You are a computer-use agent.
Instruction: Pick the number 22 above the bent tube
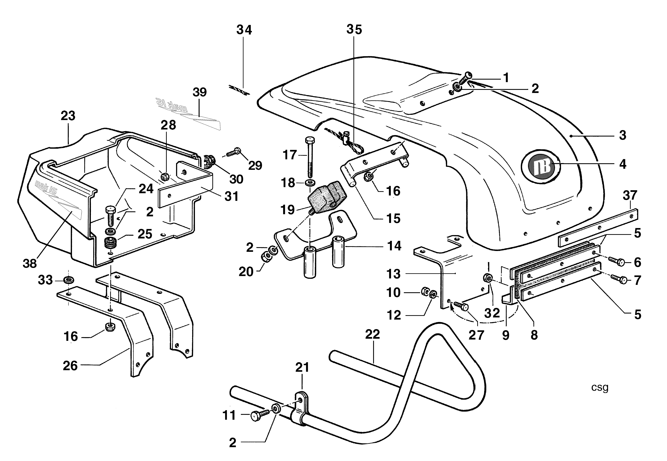(x=372, y=335)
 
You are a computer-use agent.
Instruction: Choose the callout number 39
(x=200, y=92)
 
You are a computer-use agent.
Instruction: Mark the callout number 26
(x=70, y=366)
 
